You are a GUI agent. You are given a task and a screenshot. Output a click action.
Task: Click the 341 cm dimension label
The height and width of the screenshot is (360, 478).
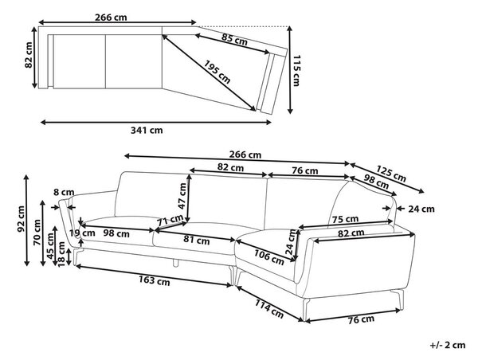(147, 131)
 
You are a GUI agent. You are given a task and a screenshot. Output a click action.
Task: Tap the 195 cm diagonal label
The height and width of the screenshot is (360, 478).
(217, 72)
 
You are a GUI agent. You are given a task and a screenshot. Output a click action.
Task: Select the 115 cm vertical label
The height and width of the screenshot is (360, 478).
(296, 70)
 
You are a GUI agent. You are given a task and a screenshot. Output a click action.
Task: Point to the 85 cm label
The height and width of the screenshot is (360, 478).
(234, 39)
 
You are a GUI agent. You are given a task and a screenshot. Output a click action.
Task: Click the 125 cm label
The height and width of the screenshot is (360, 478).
(391, 174)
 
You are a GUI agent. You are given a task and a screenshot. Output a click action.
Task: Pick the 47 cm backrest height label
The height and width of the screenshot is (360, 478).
(182, 196)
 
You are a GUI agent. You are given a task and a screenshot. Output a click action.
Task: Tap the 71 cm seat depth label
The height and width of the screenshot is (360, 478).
(170, 220)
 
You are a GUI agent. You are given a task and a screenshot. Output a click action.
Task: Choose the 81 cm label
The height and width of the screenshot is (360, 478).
(197, 241)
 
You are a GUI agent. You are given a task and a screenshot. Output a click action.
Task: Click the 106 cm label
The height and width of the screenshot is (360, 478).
(269, 257)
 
